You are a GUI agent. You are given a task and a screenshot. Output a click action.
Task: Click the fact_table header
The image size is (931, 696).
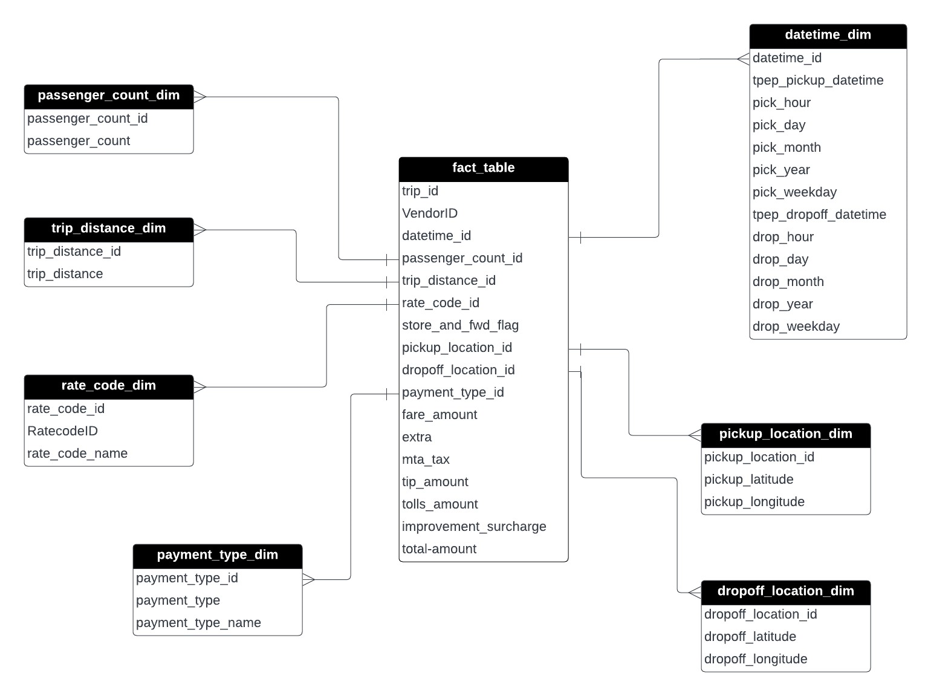point(483,168)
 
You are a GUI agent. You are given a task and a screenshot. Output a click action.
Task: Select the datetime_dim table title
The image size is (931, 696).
point(828,35)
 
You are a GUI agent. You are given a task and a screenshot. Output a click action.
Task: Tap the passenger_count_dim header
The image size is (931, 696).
point(109,96)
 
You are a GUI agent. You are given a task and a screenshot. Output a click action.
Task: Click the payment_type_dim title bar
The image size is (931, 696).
point(217,555)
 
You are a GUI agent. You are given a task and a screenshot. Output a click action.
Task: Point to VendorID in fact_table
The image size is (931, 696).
point(430,213)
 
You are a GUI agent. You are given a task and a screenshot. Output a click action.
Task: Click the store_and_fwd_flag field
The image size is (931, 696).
point(460,325)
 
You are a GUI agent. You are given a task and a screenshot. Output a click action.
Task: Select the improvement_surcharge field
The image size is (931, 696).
point(474,527)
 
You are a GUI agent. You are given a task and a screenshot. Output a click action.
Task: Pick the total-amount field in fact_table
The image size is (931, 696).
point(439,549)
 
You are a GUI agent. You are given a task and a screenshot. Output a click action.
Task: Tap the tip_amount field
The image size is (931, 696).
point(435,482)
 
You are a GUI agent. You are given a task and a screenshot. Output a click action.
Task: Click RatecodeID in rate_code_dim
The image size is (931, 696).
point(62,431)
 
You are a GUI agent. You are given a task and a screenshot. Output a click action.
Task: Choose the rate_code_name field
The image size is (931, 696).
point(77,454)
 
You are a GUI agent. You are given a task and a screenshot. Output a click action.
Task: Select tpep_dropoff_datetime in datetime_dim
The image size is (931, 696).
point(819,215)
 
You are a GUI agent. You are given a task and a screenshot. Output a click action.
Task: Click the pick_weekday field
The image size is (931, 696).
point(794,192)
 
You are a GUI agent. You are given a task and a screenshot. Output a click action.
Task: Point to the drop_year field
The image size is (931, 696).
point(782,304)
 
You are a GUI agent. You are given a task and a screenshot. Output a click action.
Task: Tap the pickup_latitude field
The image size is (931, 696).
point(748,480)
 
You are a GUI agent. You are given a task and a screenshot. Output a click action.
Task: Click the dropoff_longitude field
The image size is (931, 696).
point(756,659)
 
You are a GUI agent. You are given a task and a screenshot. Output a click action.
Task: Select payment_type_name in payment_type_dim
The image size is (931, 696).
point(198,623)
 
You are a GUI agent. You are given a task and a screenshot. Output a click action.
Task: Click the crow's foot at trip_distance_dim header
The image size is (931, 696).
point(200,230)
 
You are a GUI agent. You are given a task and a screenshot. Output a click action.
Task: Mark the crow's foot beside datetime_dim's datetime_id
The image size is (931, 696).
point(743,59)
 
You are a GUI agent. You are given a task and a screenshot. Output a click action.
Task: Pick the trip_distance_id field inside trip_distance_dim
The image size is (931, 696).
point(74,252)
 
